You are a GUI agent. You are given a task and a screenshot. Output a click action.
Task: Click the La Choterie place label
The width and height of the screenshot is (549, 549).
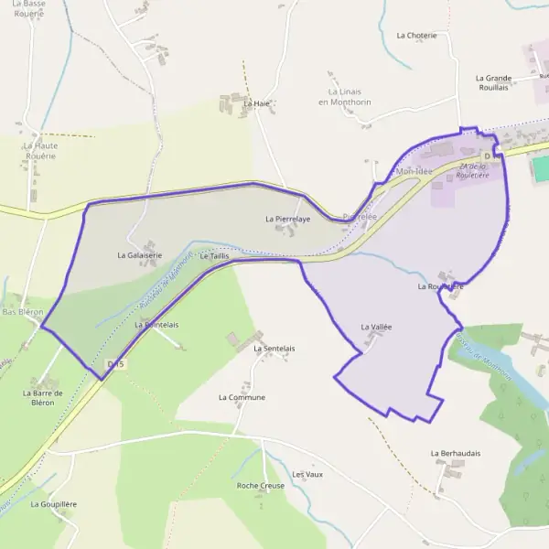[x=416, y=36]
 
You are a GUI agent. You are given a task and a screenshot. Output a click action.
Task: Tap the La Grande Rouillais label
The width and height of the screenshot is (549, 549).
[x=493, y=82]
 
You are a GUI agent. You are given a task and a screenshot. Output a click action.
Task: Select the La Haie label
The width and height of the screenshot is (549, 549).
[x=256, y=104]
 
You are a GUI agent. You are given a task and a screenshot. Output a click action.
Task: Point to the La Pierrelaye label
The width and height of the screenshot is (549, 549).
[x=287, y=220]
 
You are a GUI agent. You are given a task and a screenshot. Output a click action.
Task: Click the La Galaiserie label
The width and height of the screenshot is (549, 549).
[x=140, y=255]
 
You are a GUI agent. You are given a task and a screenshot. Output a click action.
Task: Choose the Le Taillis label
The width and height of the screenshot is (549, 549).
[x=213, y=256]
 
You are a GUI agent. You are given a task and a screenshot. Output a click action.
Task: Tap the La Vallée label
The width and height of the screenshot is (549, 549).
[x=376, y=327]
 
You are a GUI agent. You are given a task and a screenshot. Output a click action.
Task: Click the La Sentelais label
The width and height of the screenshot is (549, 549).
[x=274, y=349]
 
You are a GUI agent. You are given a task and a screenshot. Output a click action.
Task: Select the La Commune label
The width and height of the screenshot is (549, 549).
[x=242, y=398]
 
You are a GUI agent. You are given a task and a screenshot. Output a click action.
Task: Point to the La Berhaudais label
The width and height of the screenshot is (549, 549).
[x=456, y=453]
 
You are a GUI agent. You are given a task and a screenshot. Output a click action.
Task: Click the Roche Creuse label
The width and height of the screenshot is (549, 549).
[x=260, y=485]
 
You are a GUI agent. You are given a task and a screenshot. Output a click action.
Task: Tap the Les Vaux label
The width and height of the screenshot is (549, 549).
[x=307, y=475]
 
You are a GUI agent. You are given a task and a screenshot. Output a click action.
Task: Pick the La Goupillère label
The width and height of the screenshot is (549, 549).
[x=53, y=504]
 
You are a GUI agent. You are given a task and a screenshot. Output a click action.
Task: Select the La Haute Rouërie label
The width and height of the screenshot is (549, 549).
[x=41, y=151]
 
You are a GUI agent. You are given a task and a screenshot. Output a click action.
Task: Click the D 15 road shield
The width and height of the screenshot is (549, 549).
[x=114, y=364]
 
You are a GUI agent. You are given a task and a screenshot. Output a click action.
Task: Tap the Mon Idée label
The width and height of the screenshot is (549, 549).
[x=414, y=171]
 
